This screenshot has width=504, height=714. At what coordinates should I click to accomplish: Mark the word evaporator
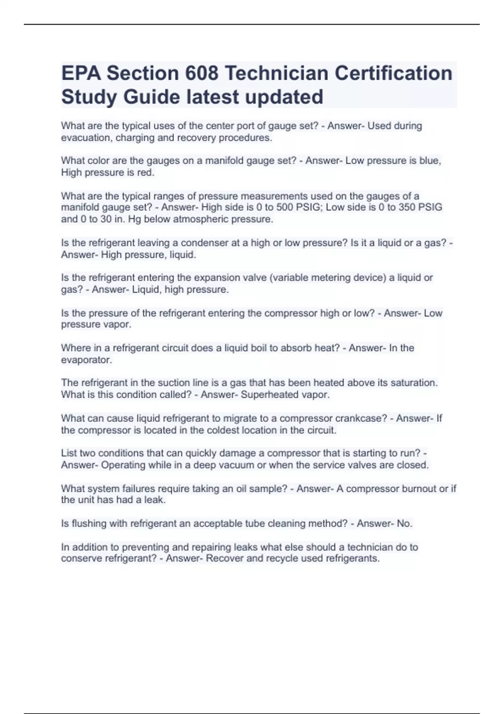(86, 360)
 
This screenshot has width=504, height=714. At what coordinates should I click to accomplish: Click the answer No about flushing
(404, 524)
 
